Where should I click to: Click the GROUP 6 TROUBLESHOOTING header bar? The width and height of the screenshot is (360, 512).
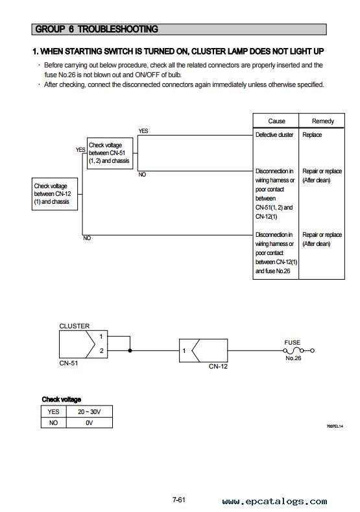pyautogui.click(x=179, y=29)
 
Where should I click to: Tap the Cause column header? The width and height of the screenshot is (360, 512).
pyautogui.click(x=276, y=121)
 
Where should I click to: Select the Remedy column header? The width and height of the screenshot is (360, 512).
pyautogui.click(x=323, y=121)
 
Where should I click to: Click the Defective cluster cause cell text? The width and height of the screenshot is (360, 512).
pyautogui.click(x=274, y=135)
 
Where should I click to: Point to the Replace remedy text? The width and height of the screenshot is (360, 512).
pyautogui.click(x=312, y=135)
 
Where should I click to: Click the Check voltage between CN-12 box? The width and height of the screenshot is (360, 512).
pyautogui.click(x=54, y=194)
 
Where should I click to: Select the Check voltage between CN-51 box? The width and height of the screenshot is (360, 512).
pyautogui.click(x=110, y=153)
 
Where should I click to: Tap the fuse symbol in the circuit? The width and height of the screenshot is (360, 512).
pyautogui.click(x=298, y=350)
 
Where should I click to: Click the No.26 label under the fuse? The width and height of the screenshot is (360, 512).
pyautogui.click(x=293, y=358)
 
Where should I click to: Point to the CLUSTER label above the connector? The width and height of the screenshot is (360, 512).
pyautogui.click(x=75, y=326)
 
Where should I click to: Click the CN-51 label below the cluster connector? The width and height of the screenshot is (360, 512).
pyautogui.click(x=69, y=363)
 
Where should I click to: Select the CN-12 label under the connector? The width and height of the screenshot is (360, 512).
pyautogui.click(x=218, y=367)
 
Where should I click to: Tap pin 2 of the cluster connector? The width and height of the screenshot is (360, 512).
pyautogui.click(x=101, y=350)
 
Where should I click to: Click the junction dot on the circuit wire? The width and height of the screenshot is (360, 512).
pyautogui.click(x=130, y=350)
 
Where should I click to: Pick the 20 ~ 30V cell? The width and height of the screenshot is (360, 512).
pyautogui.click(x=89, y=412)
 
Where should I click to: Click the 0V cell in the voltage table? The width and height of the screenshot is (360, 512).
pyautogui.click(x=89, y=423)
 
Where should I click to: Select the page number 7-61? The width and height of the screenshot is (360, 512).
pyautogui.click(x=179, y=500)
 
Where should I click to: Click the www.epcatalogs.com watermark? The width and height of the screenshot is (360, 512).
pyautogui.click(x=274, y=501)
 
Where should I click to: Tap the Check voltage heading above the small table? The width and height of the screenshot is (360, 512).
pyautogui.click(x=62, y=399)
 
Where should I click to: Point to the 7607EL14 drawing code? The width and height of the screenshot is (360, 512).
pyautogui.click(x=335, y=426)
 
